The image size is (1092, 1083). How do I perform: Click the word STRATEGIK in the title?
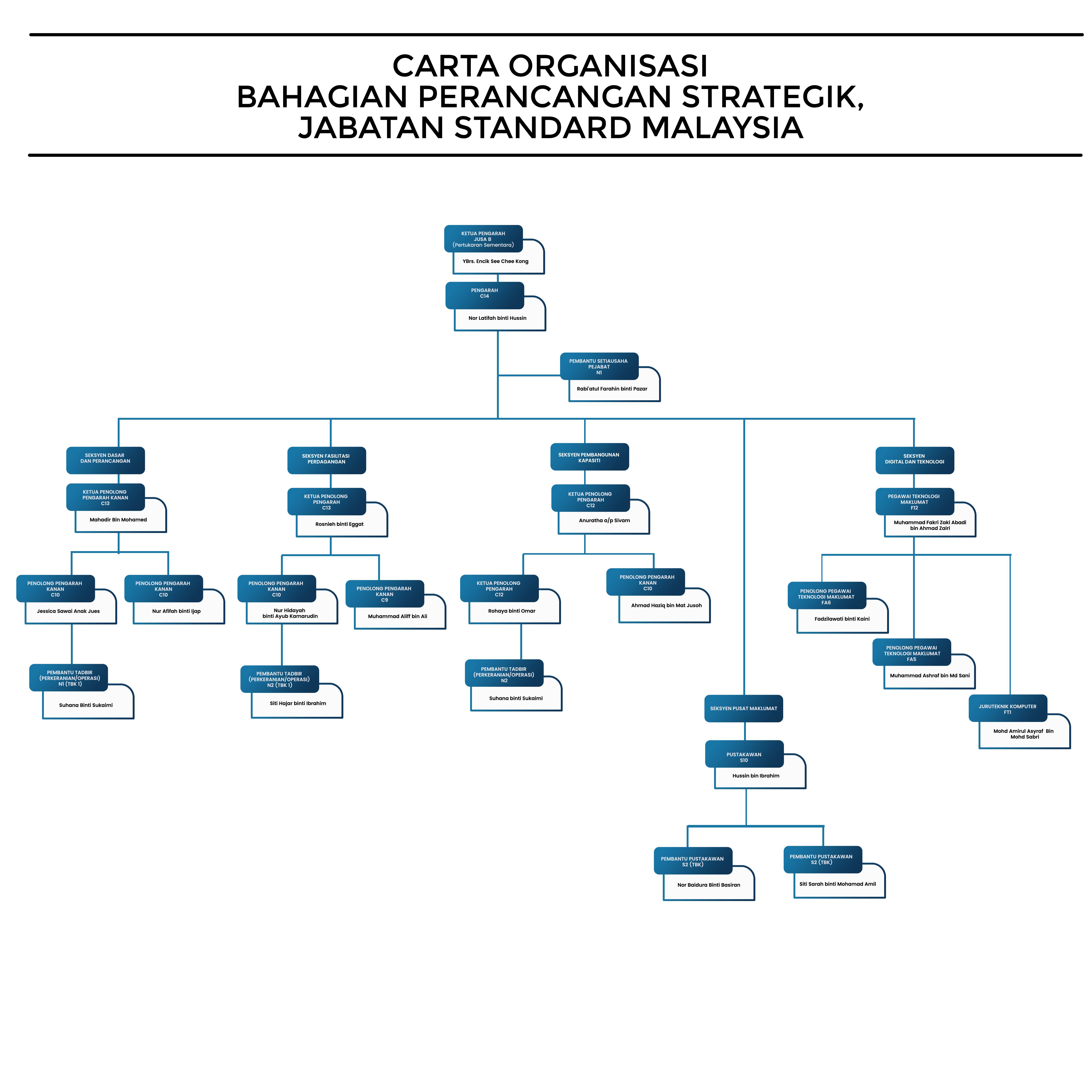click(773, 97)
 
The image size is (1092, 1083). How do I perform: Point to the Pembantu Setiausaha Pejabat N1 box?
click(599, 366)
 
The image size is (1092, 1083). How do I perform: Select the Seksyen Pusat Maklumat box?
click(743, 708)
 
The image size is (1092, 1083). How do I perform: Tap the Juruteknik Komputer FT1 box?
click(1007, 709)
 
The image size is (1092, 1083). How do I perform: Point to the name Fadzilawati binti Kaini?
click(842, 619)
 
